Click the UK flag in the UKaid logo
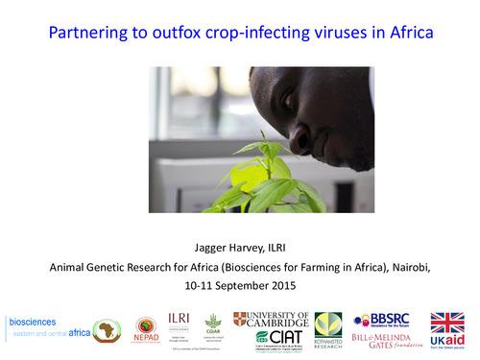pos(446,324)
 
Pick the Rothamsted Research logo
pos(328,329)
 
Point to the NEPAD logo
pos(146,330)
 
